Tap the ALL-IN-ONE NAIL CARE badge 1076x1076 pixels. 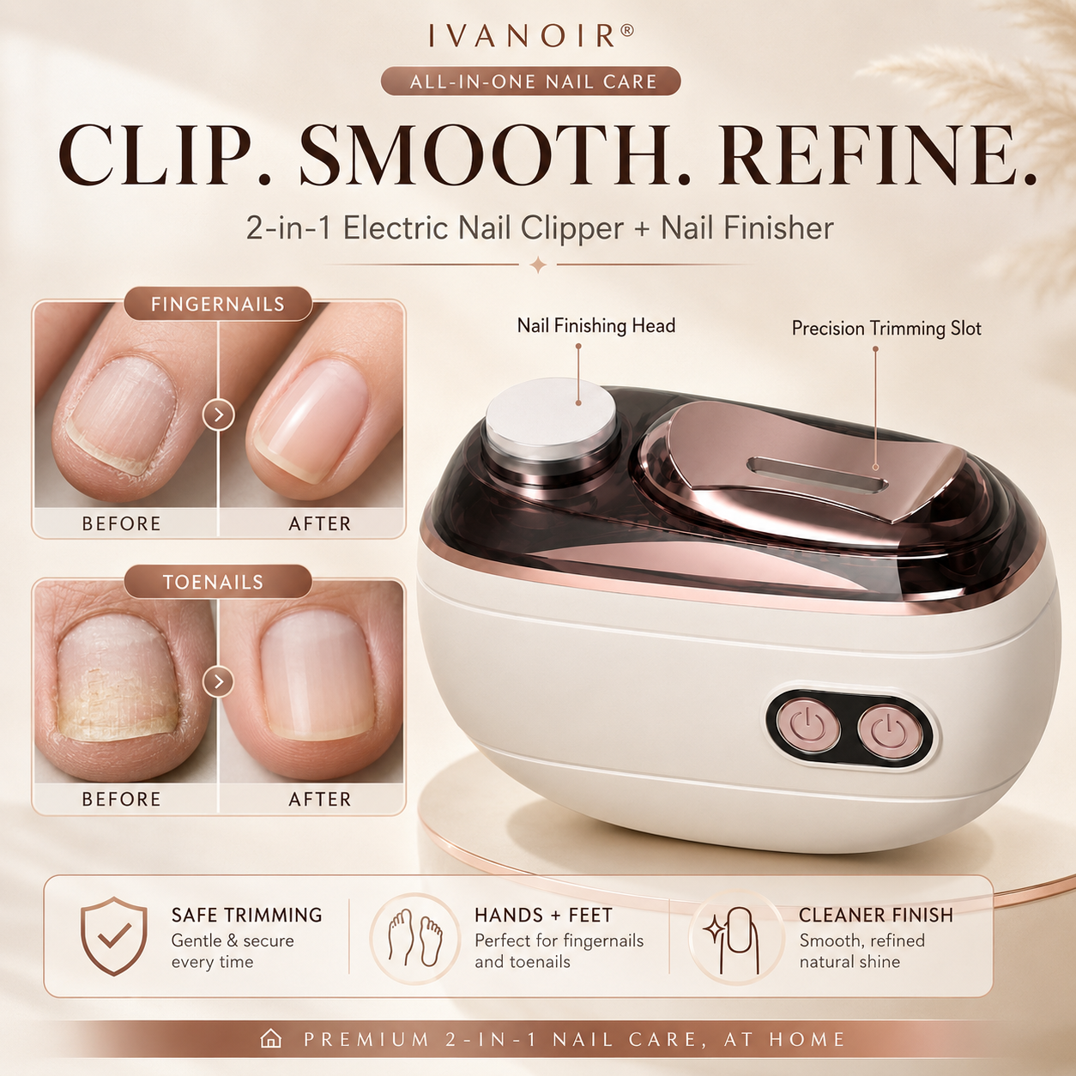coord(531,82)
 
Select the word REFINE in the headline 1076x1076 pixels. coord(877,155)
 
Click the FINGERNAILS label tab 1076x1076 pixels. coord(218,305)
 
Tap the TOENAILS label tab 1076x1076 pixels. coord(218,582)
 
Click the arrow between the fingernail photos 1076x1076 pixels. coord(218,415)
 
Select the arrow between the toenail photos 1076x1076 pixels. coord(218,681)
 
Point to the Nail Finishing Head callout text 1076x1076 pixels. coord(595,325)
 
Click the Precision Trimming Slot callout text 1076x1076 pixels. coord(886,329)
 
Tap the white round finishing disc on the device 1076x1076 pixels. coord(551,412)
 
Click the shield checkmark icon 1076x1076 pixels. coord(114,936)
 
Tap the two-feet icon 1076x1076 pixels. coord(415,937)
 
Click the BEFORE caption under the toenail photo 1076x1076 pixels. coord(121,799)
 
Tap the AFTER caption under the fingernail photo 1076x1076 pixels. coord(320,523)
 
